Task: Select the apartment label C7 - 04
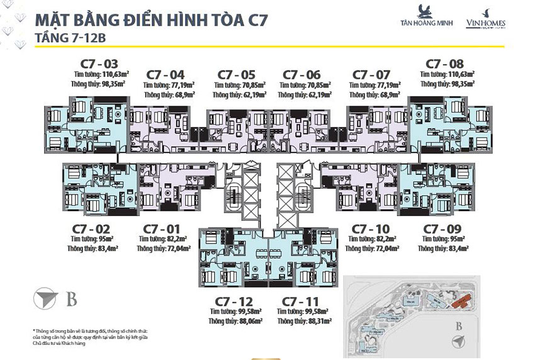164,74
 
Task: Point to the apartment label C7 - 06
301,74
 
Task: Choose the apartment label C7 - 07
372,74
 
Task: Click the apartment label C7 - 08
444,63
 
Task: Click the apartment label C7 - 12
234,301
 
